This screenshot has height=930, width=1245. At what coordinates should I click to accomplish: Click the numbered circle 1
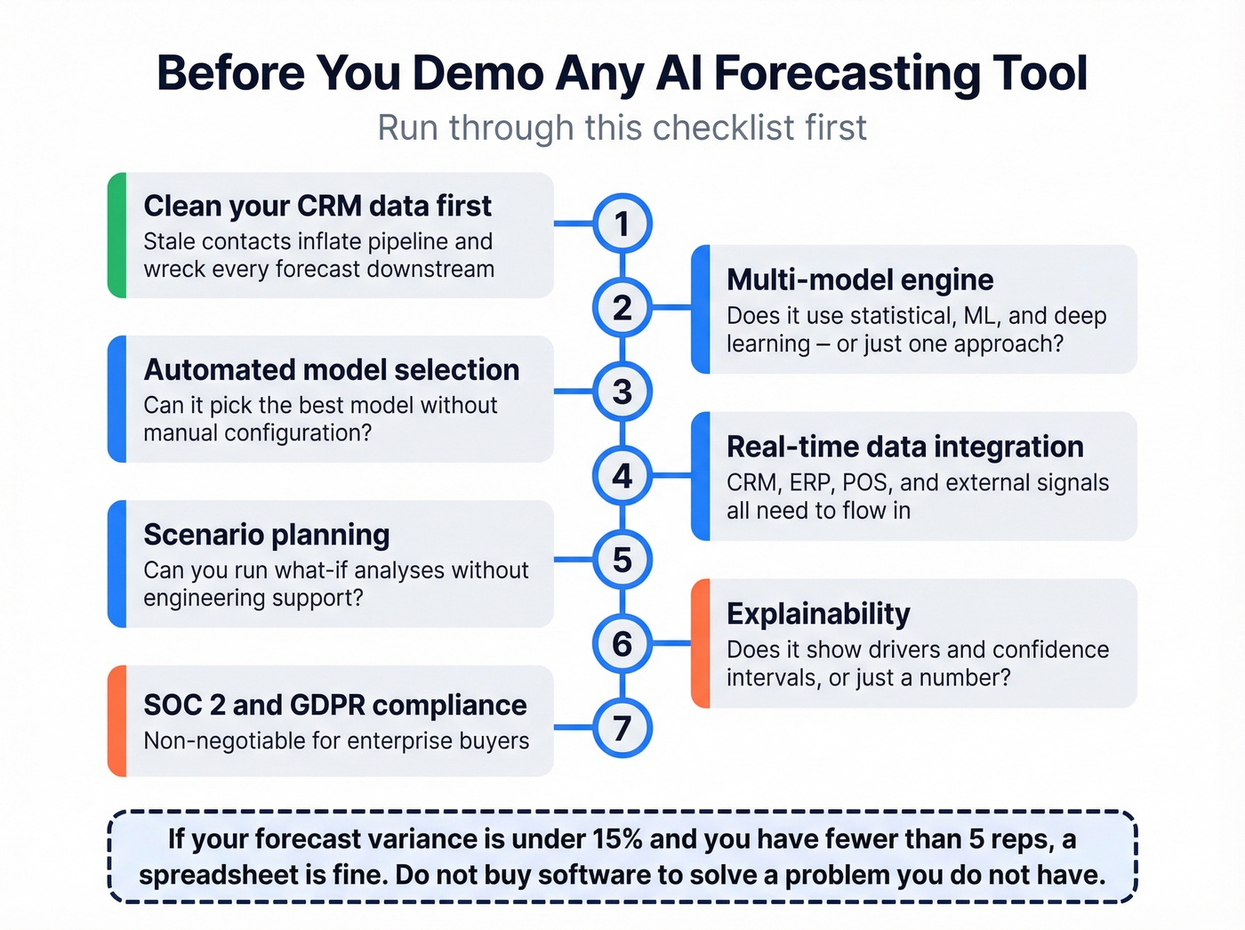[x=622, y=223]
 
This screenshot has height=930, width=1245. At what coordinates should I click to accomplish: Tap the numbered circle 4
[x=622, y=476]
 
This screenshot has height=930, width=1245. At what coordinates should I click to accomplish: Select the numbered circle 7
[x=622, y=728]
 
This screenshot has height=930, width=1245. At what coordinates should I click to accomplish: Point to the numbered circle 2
[x=622, y=308]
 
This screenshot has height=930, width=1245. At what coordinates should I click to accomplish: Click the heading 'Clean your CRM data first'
[x=317, y=206]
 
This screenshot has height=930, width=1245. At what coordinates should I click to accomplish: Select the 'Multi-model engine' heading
[x=860, y=280]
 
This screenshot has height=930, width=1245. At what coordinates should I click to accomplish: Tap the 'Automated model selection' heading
[x=332, y=370]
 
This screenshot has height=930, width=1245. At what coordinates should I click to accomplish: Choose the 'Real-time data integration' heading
[x=904, y=447]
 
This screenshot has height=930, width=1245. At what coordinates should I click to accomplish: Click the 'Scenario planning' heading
[x=267, y=535]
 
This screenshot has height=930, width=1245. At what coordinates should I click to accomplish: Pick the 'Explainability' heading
[x=818, y=614]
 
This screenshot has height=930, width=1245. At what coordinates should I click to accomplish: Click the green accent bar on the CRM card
[x=116, y=235]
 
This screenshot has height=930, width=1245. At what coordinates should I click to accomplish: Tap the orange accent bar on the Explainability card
[x=701, y=643]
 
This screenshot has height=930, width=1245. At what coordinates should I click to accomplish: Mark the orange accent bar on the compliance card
[x=116, y=721]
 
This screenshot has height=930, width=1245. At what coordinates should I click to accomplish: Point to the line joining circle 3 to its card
[x=574, y=392]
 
